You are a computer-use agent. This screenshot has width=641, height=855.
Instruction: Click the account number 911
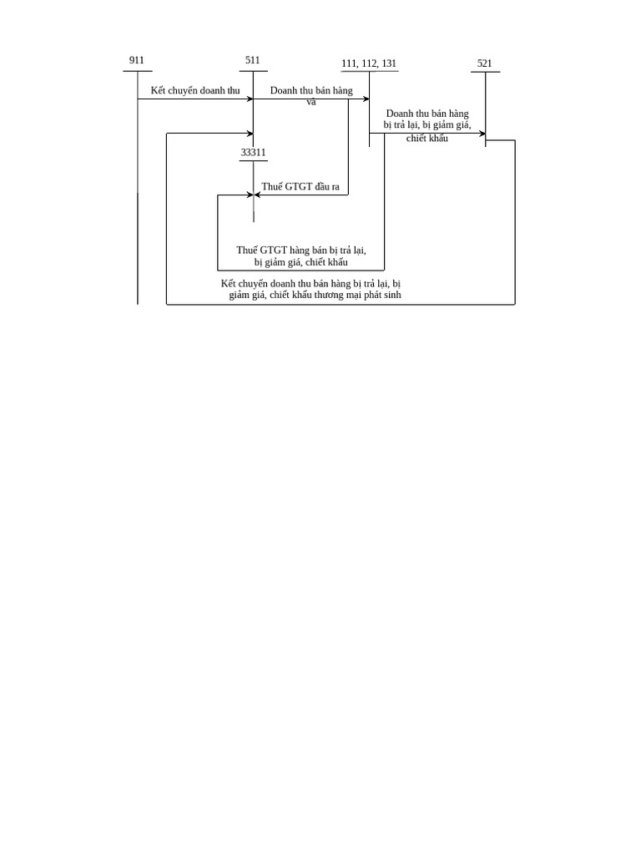pos(137,60)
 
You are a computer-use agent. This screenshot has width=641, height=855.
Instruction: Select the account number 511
pos(253,60)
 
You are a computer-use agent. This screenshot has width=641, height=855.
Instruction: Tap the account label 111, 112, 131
pos(369,63)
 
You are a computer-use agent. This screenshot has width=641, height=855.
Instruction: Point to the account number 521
pos(485,63)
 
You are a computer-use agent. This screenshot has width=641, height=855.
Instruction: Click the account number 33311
pos(253,153)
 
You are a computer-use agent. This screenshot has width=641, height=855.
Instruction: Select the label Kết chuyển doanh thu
pos(194,90)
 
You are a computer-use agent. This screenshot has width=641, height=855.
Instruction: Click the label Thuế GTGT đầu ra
pos(300,187)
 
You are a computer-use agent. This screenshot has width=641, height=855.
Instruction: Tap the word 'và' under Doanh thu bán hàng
pos(311,102)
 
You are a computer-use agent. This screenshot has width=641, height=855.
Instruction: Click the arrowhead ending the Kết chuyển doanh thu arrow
pos(250,99)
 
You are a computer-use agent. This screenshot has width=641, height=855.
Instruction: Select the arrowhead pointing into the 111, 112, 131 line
pos(366,99)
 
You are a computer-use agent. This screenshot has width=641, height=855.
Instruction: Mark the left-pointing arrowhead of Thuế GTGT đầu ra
pos(257,195)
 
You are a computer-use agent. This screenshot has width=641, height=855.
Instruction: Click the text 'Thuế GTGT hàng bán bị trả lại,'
pos(301,250)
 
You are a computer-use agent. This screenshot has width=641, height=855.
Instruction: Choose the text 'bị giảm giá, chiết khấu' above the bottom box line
pos(301,262)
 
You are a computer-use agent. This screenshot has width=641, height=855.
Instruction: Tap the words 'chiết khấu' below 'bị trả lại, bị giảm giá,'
pos(427,139)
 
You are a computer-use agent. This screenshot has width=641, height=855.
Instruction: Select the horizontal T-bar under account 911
pos(137,71)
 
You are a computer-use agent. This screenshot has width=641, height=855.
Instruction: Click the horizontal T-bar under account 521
pos(485,73)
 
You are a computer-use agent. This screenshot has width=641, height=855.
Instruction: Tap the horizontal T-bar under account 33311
pos(253,160)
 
